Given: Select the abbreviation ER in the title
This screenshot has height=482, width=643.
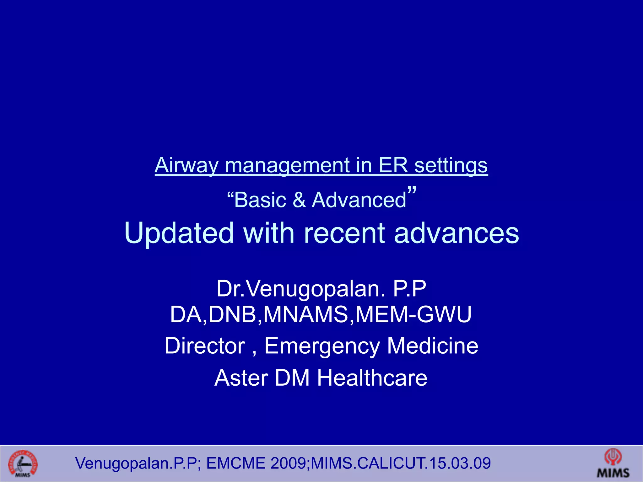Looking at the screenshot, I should [x=393, y=165].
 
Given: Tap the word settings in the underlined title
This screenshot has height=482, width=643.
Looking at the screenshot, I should [x=451, y=165].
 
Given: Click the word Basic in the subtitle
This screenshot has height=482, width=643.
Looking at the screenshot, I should [x=260, y=200].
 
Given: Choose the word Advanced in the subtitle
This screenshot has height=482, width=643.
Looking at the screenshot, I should [x=359, y=200].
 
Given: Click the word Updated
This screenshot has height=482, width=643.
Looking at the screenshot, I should [x=179, y=233].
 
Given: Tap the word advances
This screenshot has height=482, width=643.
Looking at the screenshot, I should [x=457, y=233].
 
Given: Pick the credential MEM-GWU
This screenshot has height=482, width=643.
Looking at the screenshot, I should [x=413, y=314].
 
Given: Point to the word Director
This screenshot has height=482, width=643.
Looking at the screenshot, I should [x=205, y=346].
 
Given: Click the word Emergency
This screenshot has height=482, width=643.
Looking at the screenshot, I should [x=322, y=346].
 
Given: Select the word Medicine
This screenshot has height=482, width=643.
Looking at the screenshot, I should [x=433, y=346].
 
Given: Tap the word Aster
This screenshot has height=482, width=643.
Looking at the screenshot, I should [x=241, y=378].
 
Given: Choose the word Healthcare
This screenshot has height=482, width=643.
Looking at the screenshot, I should [x=372, y=378].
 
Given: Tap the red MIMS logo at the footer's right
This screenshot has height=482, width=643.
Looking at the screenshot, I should [x=613, y=463].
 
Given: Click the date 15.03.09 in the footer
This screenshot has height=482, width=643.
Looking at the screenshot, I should [x=460, y=463].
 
